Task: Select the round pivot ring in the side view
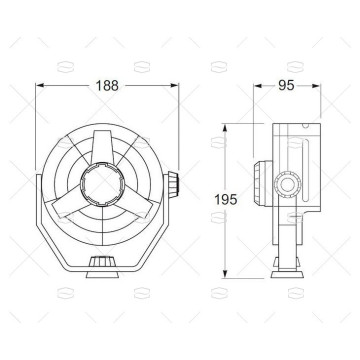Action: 291,186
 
